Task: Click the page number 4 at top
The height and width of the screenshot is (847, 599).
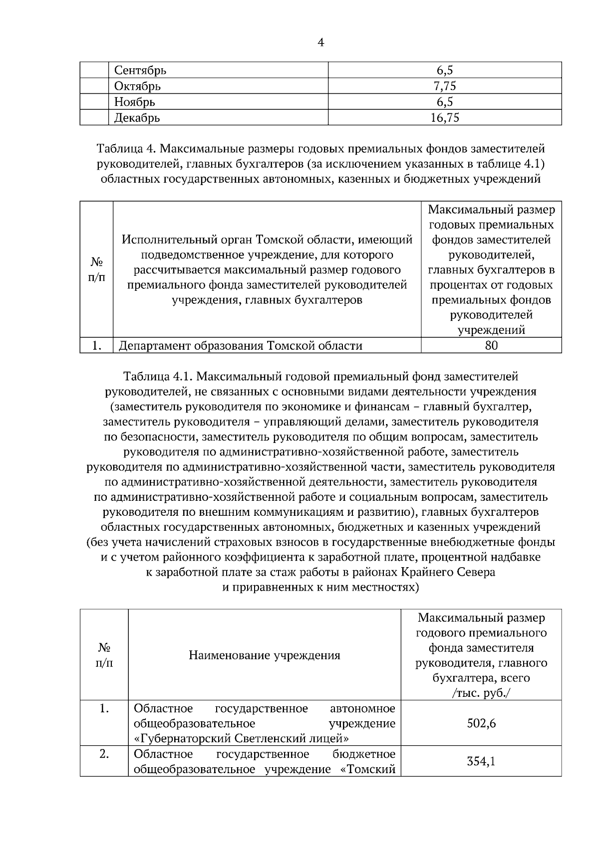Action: click(320, 43)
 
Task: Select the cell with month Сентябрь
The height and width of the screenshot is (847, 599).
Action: click(140, 70)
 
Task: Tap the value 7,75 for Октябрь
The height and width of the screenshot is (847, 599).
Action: click(444, 86)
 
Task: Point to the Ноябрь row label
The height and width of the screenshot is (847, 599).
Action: click(135, 102)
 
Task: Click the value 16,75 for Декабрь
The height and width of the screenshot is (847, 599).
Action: click(444, 118)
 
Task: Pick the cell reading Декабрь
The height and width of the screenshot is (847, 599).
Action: click(137, 118)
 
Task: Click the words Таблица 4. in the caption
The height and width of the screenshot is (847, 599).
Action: click(126, 149)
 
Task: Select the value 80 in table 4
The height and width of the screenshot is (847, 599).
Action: click(491, 346)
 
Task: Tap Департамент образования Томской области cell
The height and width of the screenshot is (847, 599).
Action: click(241, 346)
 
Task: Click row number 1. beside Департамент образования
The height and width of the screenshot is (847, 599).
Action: click(97, 346)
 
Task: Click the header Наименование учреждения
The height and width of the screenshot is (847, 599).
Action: click(264, 655)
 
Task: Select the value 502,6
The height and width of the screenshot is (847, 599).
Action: click(481, 723)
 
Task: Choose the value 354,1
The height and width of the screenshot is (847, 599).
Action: click(481, 761)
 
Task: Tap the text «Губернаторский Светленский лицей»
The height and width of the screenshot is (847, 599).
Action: click(241, 738)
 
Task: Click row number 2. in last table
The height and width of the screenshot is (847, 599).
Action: click(104, 754)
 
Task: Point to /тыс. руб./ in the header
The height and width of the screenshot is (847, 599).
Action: click(481, 693)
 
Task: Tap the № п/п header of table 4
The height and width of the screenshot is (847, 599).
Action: click(97, 270)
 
